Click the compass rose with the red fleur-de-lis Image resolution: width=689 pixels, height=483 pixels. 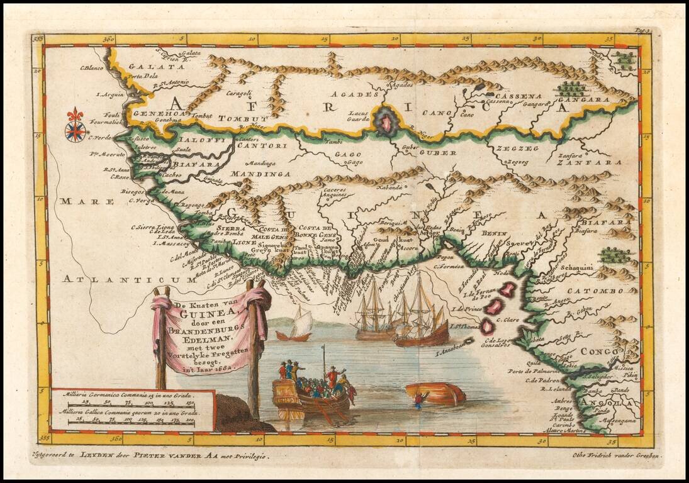pos(76,125)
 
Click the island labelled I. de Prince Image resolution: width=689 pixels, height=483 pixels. pos(495,306)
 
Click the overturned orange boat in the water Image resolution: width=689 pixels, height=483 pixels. pos(436,394)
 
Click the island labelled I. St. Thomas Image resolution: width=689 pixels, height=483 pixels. pos(486,326)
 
